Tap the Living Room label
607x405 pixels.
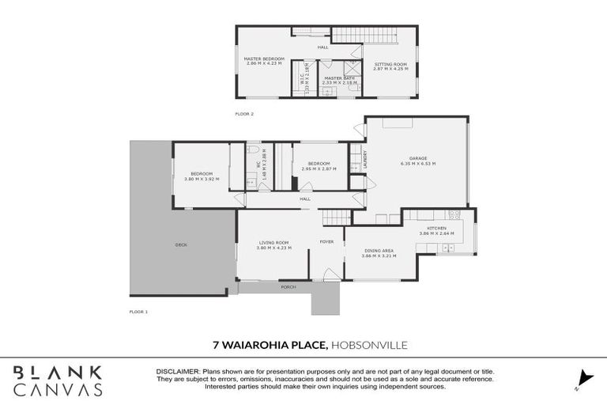(x=273, y=244)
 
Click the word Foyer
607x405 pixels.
(x=326, y=241)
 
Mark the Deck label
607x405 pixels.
(x=181, y=245)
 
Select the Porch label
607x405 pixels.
(x=288, y=286)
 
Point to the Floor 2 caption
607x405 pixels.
(x=244, y=114)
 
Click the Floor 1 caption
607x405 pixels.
(x=138, y=312)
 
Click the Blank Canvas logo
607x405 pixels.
(x=56, y=380)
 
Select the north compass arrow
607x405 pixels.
(x=584, y=377)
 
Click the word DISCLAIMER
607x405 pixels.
(x=179, y=371)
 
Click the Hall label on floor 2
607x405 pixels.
(x=322, y=47)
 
